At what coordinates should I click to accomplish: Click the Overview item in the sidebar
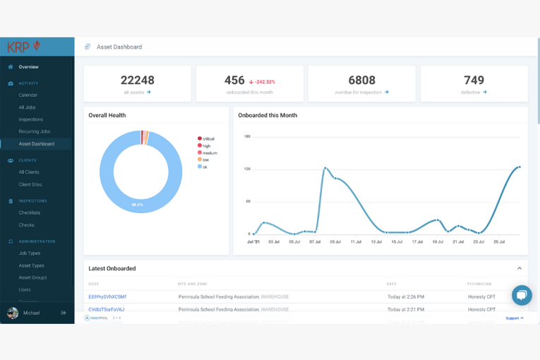coord(28,67)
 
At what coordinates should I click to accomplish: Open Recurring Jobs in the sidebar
coord(34,131)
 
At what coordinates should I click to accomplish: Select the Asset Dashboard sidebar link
coord(36,144)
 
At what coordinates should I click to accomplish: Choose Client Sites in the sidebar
coord(30,184)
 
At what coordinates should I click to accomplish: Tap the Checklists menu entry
coord(29,212)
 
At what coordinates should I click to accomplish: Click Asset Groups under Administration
coord(32,277)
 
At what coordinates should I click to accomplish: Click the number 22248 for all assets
coord(137,80)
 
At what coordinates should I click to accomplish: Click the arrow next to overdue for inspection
coord(387,92)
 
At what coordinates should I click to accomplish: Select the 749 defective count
coord(474,80)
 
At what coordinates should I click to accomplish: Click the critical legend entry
coord(208,139)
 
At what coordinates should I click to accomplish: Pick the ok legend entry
coord(204,167)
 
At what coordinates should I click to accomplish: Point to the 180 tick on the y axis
coord(247,136)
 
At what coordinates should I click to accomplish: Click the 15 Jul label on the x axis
coord(397,242)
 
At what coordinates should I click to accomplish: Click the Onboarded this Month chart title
coord(268,115)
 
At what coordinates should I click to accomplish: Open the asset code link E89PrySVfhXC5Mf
coord(107,297)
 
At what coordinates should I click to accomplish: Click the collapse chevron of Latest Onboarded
coord(519,268)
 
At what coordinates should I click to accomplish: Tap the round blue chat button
coord(522,295)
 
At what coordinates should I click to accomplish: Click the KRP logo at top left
coord(24,47)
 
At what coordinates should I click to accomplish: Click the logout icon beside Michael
coord(64,313)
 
